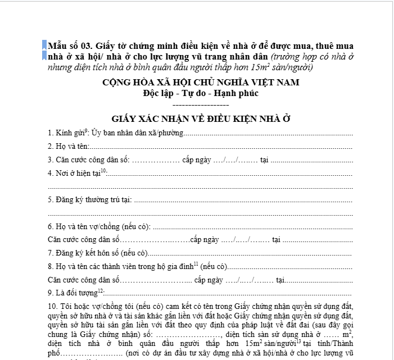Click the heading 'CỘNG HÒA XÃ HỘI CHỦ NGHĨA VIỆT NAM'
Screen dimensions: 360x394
pyautogui.click(x=201, y=83)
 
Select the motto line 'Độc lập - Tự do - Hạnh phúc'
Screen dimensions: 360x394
pyautogui.click(x=201, y=93)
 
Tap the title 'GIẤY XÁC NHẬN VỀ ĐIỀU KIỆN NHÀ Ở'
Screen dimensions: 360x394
pyautogui.click(x=201, y=119)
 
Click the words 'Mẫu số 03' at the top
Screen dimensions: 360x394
pyautogui.click(x=69, y=45)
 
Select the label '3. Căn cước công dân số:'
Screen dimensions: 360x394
pyautogui.click(x=89, y=160)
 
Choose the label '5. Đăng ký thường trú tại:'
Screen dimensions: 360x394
pyautogui.click(x=89, y=200)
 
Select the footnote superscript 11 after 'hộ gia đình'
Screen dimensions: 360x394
pyautogui.click(x=196, y=264)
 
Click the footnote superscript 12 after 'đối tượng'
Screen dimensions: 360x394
pyautogui.click(x=101, y=290)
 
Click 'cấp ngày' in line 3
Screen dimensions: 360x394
pyautogui.click(x=197, y=160)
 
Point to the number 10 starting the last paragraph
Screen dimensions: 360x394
pyautogui.click(x=52, y=307)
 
